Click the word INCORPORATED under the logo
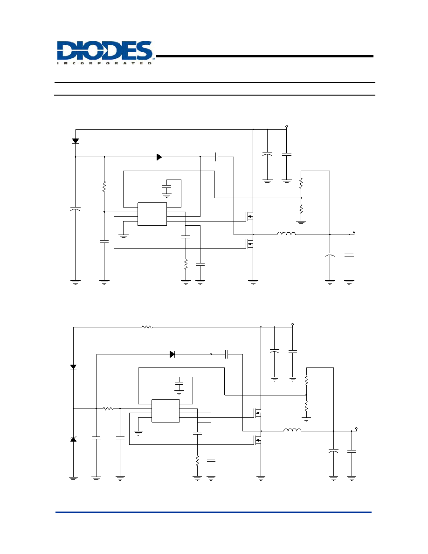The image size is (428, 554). (104, 63)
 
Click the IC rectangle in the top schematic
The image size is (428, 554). (152, 214)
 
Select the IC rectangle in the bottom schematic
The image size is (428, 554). (166, 411)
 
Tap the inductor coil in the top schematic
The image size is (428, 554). (286, 234)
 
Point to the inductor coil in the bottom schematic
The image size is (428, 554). (292, 430)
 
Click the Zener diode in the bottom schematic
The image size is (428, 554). (74, 439)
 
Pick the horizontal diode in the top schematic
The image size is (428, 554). (159, 157)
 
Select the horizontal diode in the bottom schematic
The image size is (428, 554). (173, 354)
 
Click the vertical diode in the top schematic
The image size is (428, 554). (75, 141)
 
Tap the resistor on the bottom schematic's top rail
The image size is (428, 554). (147, 327)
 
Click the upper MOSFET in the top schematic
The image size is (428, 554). (250, 216)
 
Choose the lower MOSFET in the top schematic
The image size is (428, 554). (250, 243)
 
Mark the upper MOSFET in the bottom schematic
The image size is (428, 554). (257, 413)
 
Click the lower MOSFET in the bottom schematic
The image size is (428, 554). (257, 440)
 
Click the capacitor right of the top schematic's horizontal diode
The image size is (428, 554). (217, 157)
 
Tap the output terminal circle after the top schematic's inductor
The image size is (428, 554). (354, 232)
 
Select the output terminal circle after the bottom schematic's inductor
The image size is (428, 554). (357, 429)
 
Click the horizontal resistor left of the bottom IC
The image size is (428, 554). (109, 409)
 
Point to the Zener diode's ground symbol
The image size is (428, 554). (74, 479)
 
